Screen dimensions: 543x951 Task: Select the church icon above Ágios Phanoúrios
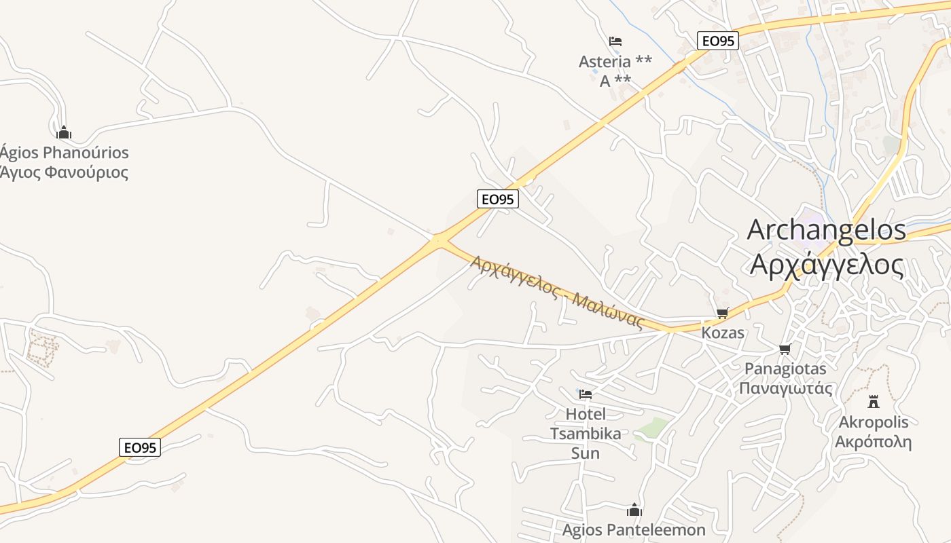[64, 132]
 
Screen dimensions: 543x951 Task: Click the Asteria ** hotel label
[615, 62]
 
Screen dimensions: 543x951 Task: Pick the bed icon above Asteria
[615, 41]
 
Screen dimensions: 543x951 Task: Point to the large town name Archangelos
[826, 230]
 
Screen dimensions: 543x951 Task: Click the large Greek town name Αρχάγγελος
[826, 264]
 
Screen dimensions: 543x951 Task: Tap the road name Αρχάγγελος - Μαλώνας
[556, 292]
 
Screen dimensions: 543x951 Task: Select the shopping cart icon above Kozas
[722, 313]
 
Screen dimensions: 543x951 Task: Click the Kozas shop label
[723, 333]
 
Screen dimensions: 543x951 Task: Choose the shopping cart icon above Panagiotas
[785, 349]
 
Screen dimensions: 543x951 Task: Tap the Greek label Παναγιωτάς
[785, 388]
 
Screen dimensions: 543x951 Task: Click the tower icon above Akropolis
[874, 401]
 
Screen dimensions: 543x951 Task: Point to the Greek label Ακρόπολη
[873, 442]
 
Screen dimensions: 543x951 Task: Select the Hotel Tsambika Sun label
[585, 433]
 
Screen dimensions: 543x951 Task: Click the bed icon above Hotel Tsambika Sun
[585, 394]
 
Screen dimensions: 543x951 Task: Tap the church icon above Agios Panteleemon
[634, 510]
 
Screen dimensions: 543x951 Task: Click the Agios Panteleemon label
[634, 529]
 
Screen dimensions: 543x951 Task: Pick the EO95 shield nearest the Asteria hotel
[717, 41]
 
